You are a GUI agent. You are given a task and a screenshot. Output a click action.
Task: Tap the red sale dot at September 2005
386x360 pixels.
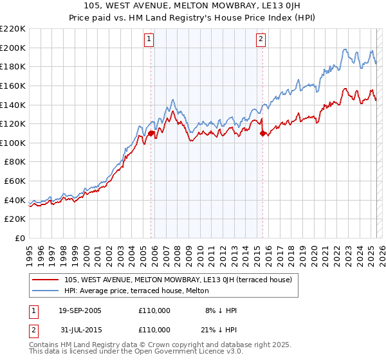(151, 134)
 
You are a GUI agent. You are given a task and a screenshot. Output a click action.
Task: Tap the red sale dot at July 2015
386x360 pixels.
(262, 134)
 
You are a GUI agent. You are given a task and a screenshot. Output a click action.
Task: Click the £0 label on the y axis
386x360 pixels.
(21, 239)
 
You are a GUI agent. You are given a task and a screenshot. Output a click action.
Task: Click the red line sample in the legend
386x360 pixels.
(46, 280)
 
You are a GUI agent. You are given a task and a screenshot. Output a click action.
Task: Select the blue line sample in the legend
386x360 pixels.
(46, 291)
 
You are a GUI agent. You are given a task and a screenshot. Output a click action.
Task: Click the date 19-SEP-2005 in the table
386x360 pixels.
(80, 310)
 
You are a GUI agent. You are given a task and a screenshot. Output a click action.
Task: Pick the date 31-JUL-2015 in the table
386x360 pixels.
(79, 330)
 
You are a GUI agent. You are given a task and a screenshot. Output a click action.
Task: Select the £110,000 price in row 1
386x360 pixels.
(154, 310)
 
